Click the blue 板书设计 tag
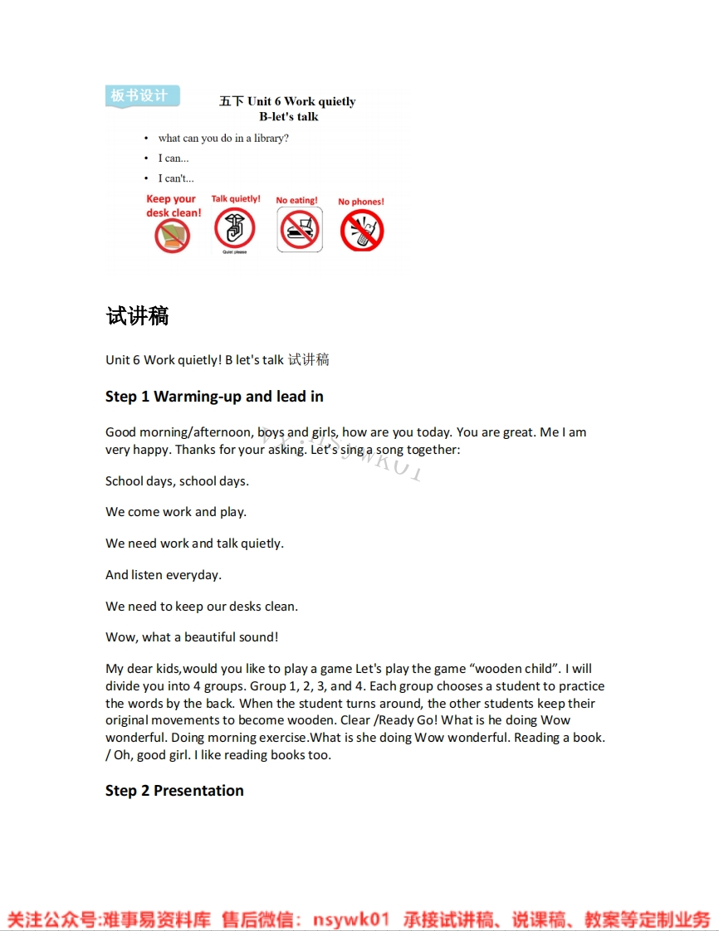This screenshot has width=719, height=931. pyautogui.click(x=142, y=95)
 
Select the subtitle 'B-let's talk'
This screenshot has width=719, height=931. pyautogui.click(x=288, y=117)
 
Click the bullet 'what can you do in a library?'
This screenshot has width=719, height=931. pyautogui.click(x=223, y=139)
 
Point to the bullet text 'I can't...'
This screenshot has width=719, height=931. pyautogui.click(x=176, y=178)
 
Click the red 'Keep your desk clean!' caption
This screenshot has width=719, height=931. pyautogui.click(x=173, y=206)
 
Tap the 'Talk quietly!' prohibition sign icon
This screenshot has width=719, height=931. pyautogui.click(x=235, y=229)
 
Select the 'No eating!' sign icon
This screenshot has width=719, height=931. pyautogui.click(x=299, y=230)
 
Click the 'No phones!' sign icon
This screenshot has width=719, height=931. pyautogui.click(x=362, y=230)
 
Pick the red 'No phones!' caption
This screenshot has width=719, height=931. pyautogui.click(x=361, y=202)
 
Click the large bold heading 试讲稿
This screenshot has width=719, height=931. pyautogui.click(x=138, y=316)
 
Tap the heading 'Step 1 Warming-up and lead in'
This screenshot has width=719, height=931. pyautogui.click(x=214, y=397)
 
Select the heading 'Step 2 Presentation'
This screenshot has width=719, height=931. pyautogui.click(x=174, y=791)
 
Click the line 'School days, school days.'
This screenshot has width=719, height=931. pyautogui.click(x=177, y=481)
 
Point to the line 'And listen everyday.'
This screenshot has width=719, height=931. pyautogui.click(x=164, y=575)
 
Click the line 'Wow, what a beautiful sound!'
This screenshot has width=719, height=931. pyautogui.click(x=192, y=637)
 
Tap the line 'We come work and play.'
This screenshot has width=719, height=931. pyautogui.click(x=176, y=512)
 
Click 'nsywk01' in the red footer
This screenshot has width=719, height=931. pyautogui.click(x=350, y=919)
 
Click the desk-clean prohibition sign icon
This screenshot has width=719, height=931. pyautogui.click(x=173, y=236)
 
